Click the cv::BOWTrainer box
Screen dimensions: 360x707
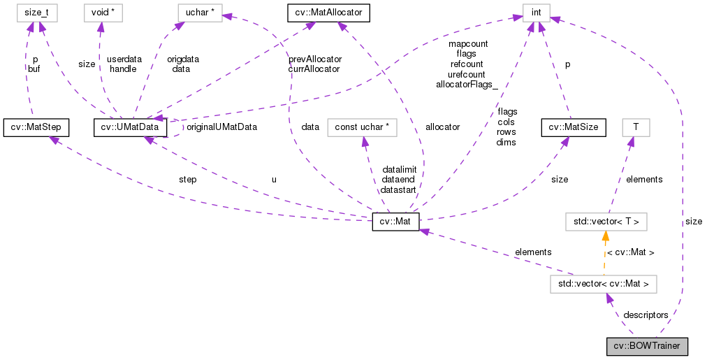tap(647, 346)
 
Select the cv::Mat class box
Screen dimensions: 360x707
tap(395, 222)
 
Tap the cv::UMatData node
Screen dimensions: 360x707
tap(131, 128)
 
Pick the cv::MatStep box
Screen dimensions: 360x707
tap(35, 128)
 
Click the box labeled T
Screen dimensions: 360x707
tap(635, 128)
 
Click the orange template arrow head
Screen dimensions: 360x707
tap(605, 238)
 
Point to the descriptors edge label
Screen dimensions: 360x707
tap(646, 315)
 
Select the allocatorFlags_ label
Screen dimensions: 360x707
tap(467, 84)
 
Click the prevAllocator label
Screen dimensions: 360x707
tap(314, 59)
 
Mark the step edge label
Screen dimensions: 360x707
tap(187, 180)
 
